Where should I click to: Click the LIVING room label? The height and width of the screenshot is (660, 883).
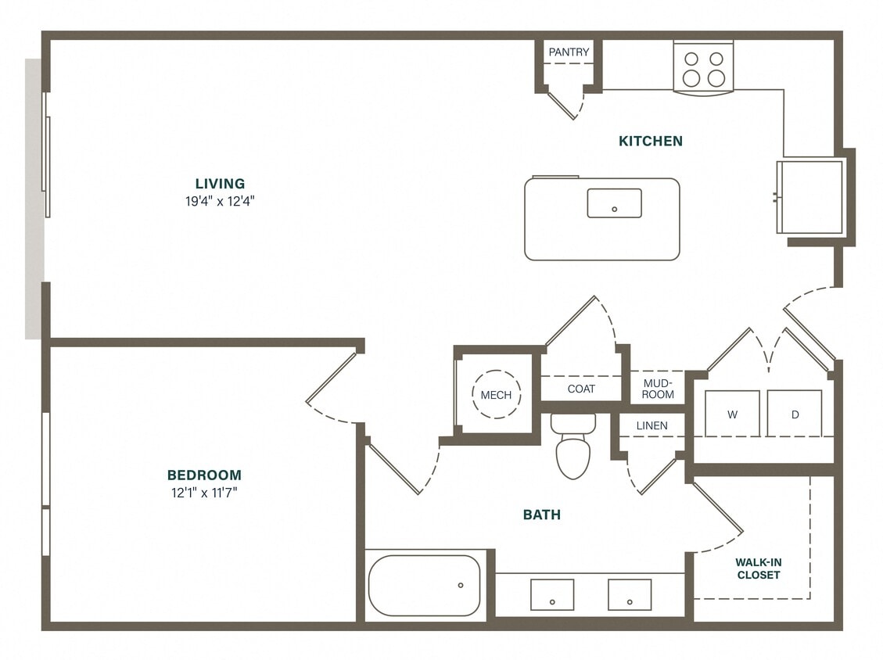[x=220, y=184]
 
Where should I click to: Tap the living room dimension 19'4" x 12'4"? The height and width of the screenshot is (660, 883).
[x=220, y=200]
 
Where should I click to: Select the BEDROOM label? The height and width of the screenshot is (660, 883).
[x=204, y=475]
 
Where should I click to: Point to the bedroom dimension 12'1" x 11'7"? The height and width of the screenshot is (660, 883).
[x=204, y=492]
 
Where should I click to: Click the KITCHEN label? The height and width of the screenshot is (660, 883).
[x=651, y=141]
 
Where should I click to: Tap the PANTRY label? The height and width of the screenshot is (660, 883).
[x=569, y=52]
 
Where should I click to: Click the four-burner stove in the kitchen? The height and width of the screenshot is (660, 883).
[x=703, y=69]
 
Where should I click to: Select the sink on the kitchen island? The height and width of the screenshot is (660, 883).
[x=614, y=203]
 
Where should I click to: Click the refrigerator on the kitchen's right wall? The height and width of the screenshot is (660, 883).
[x=810, y=196]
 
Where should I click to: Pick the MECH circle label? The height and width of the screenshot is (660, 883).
[x=496, y=395]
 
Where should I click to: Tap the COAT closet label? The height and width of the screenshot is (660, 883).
[x=581, y=389]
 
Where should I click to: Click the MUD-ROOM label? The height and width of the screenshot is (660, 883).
[x=658, y=389]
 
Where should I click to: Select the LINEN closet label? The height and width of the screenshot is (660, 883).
[x=651, y=425]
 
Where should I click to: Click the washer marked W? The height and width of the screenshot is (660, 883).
[x=732, y=414]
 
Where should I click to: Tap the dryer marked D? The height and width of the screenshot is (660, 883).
[x=794, y=414]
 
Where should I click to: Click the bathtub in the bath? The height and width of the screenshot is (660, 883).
[x=424, y=585]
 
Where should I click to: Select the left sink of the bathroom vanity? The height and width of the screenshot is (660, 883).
[x=552, y=594]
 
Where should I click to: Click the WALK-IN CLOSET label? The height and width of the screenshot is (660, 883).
[x=758, y=569]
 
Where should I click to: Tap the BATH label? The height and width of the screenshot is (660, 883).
[x=541, y=515]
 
